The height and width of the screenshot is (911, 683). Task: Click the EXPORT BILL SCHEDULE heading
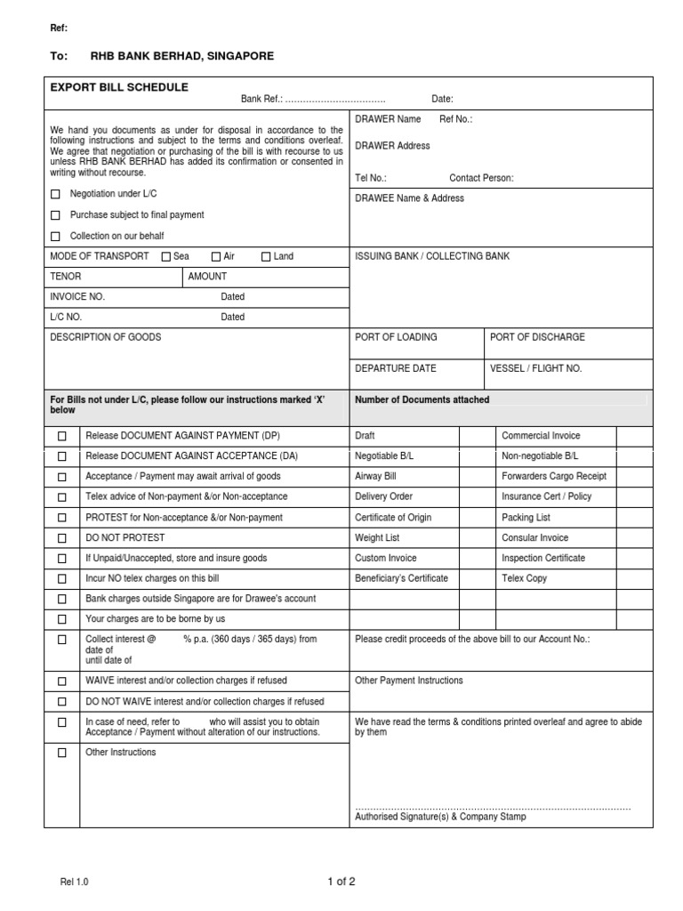[x=119, y=87]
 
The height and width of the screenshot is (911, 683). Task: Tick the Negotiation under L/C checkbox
[x=56, y=194]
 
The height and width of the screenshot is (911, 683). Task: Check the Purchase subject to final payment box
[x=56, y=215]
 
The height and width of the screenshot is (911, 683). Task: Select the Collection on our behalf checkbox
[x=56, y=237]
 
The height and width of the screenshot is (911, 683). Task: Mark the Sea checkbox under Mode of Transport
[x=166, y=257]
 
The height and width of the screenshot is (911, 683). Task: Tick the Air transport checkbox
[x=216, y=257]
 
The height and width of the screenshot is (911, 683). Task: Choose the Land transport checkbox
[x=266, y=257]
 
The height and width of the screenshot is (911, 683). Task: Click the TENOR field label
[x=66, y=277]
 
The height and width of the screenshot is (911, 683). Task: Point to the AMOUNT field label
[x=207, y=277]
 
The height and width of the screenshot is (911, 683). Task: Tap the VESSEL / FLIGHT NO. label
[x=535, y=368]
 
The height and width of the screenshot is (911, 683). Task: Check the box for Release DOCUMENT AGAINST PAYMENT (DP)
[x=62, y=437]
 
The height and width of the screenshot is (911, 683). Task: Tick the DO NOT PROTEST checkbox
[x=62, y=538]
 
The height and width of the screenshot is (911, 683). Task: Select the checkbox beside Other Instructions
[x=62, y=753]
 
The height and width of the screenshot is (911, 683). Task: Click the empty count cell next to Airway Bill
[x=477, y=477]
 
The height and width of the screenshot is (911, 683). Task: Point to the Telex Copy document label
[x=525, y=578]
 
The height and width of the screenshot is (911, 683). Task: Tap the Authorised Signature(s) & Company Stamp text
[x=440, y=817]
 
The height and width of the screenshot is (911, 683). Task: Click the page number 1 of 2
[x=341, y=883]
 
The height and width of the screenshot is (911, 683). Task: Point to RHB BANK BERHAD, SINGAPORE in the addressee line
[x=182, y=56]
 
